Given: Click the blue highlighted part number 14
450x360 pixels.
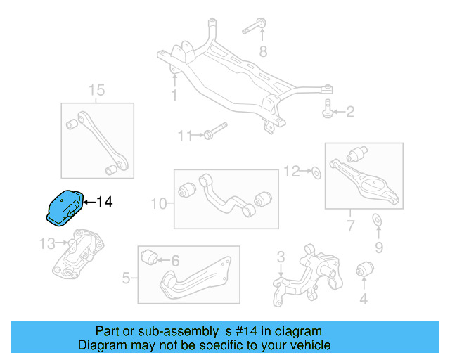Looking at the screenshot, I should (63, 207).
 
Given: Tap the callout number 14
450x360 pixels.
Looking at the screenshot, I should (103, 202).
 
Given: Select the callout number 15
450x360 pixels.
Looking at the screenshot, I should (96, 90).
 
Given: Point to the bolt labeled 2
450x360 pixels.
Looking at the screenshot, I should (328, 109).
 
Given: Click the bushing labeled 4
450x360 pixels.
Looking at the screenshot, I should (364, 270).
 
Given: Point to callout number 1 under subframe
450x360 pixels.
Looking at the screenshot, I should (174, 96).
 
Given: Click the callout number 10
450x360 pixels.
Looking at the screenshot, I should (158, 204).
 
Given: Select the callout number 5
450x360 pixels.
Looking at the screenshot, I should (126, 278).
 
